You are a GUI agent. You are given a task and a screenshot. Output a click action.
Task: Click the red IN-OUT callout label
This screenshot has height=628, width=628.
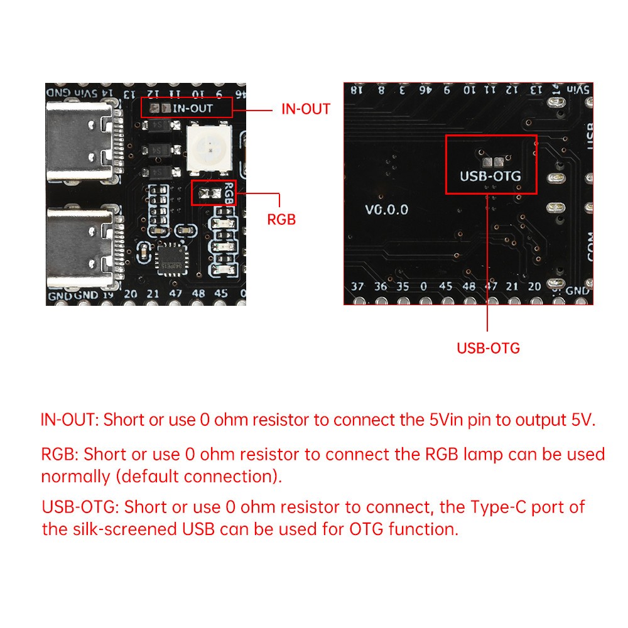pos(305,109)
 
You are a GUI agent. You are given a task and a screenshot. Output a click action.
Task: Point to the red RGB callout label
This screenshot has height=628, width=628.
pos(281,220)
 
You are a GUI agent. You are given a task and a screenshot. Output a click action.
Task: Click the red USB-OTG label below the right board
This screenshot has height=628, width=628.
pos(488,348)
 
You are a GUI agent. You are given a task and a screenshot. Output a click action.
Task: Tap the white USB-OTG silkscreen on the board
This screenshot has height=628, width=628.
pos(490,176)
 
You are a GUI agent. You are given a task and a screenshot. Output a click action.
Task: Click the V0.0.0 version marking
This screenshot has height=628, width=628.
pos(386,210)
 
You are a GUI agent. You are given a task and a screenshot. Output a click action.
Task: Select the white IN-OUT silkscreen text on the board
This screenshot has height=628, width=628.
pos(193,108)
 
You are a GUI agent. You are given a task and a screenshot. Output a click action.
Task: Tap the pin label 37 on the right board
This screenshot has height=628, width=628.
pos(357,286)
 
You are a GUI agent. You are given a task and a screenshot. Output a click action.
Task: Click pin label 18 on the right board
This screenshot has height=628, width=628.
pos(357,90)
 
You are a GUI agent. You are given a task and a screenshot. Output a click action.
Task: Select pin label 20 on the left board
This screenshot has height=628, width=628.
pos(131,294)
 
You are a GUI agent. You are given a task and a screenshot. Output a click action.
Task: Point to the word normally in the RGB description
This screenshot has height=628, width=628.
pos(75,476)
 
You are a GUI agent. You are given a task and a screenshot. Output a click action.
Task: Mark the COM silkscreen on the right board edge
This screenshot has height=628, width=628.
pos(589,247)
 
